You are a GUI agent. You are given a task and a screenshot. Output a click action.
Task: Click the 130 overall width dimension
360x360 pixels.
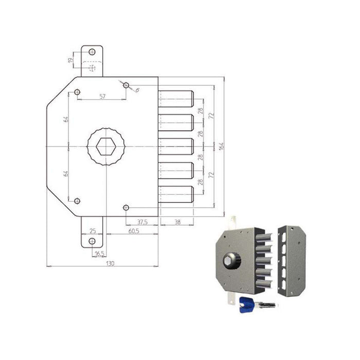click(110, 263)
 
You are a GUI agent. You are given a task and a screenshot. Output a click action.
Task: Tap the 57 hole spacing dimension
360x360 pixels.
click(102, 96)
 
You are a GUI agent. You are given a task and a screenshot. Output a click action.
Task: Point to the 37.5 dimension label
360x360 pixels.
click(143, 222)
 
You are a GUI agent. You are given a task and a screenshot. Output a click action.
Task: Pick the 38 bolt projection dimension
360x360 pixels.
click(176, 222)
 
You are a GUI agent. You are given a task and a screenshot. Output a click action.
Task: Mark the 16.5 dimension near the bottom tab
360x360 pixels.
click(99, 253)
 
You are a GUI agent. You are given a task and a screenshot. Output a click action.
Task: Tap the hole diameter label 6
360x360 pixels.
click(137, 89)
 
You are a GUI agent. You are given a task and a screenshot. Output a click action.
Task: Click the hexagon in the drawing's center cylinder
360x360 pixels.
click(106, 147)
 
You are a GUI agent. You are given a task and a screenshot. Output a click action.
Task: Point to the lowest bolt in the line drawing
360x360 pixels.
click(176, 194)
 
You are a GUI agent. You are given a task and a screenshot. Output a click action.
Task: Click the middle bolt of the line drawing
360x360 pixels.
click(176, 147)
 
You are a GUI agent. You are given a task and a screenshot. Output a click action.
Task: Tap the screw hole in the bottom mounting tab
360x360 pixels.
click(92, 241)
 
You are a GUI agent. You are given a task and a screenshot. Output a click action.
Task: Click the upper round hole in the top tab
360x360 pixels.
click(92, 52)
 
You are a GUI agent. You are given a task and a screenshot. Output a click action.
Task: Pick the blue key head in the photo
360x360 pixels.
click(245, 304)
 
